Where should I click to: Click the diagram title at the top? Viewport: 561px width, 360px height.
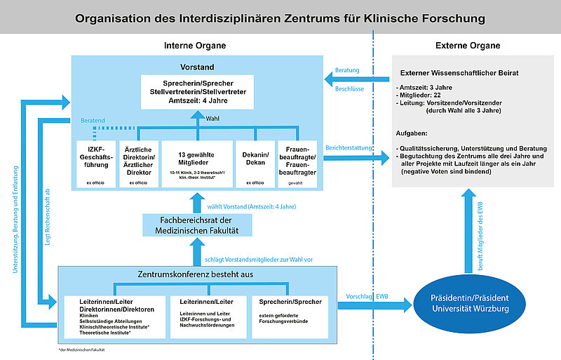pyautogui.click(x=280, y=16)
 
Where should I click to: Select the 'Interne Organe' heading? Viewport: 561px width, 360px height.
pyautogui.click(x=194, y=46)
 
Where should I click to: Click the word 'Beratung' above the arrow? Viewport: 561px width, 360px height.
pyautogui.click(x=347, y=70)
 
